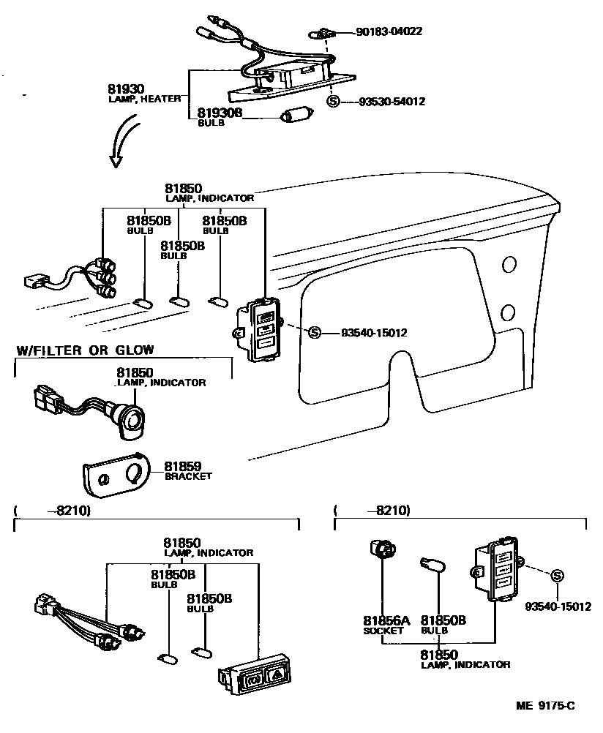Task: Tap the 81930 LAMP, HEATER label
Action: pyautogui.click(x=143, y=92)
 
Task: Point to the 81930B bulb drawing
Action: pyautogui.click(x=297, y=116)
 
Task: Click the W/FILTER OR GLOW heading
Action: pyautogui.click(x=85, y=350)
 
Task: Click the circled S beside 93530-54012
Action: pyautogui.click(x=333, y=102)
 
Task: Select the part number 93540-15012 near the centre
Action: pyautogui.click(x=374, y=333)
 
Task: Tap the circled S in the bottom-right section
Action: pyautogui.click(x=556, y=576)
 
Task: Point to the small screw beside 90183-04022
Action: pyautogui.click(x=323, y=32)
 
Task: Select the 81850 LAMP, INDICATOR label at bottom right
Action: pyautogui.click(x=465, y=659)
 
